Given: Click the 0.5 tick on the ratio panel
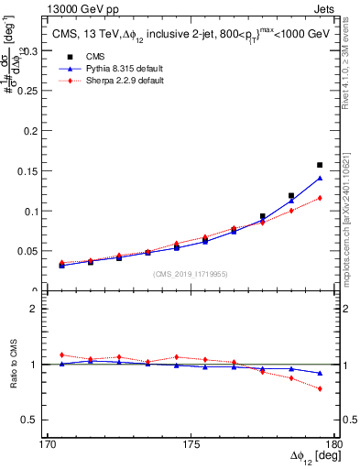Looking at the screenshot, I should (x=40, y=420).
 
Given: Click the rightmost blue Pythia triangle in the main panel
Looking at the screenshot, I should (x=320, y=179).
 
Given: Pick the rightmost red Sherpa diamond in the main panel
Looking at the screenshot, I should (x=320, y=198).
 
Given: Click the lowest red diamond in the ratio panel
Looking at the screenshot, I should (x=320, y=388).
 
